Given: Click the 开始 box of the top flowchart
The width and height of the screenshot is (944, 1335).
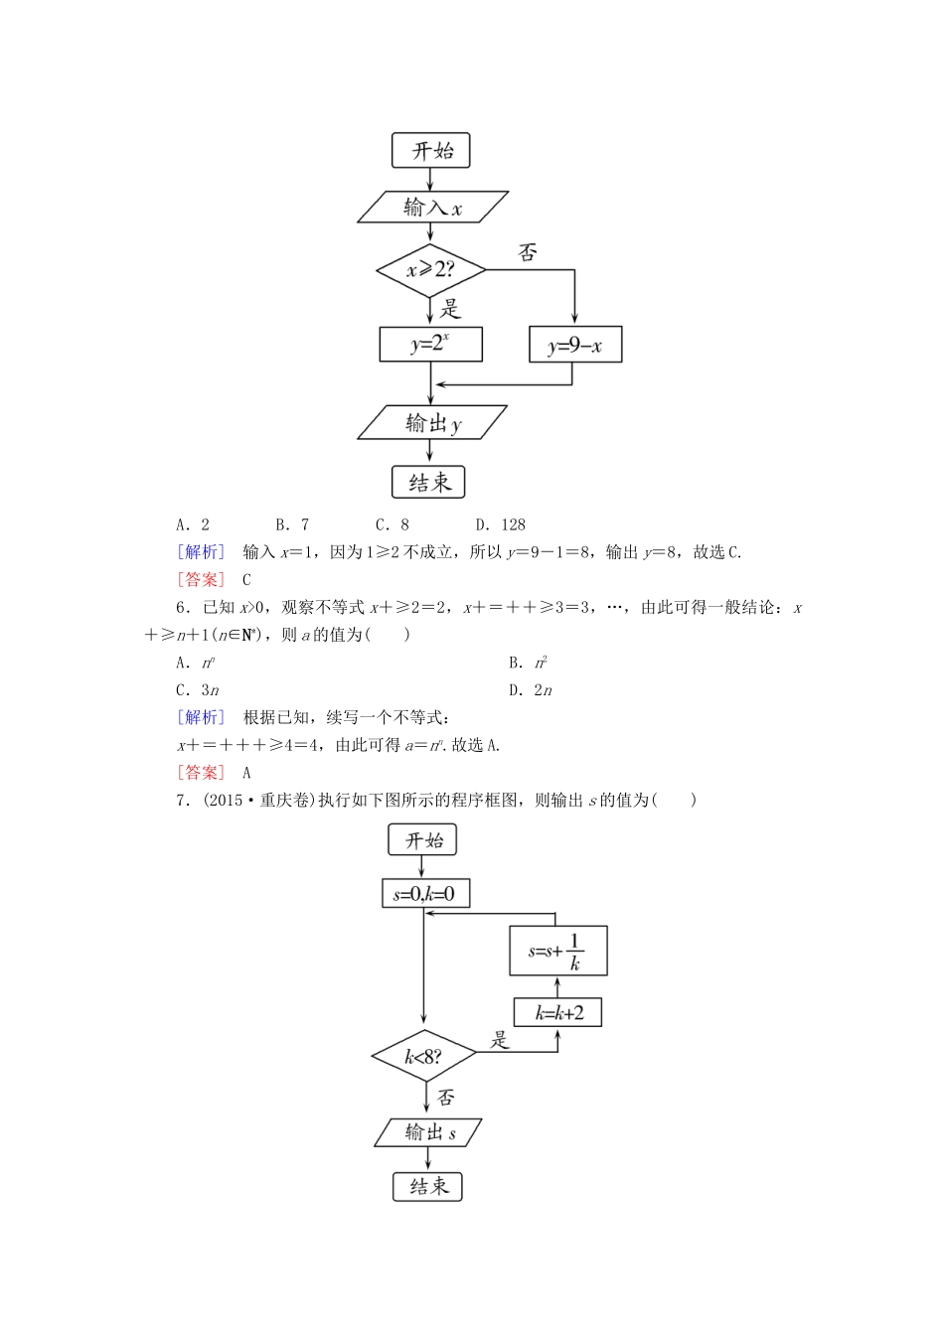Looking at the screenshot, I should (430, 151).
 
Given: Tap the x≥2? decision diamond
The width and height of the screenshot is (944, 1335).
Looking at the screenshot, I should (430, 269).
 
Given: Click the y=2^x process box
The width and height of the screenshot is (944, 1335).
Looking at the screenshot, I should (430, 345).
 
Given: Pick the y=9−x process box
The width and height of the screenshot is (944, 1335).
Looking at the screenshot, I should (575, 346).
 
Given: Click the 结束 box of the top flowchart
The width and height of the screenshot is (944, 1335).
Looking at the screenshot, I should (429, 483).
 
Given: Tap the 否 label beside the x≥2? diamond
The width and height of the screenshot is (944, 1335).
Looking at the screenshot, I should (528, 253).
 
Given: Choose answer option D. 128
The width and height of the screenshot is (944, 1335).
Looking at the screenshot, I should (501, 524).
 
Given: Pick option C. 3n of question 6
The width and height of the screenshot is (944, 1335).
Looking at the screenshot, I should (198, 690).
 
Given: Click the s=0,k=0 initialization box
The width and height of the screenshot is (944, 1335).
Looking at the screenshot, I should (424, 893).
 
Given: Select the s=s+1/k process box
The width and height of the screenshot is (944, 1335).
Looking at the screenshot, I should (557, 951).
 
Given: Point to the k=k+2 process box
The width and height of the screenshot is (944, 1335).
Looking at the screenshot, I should (557, 1012).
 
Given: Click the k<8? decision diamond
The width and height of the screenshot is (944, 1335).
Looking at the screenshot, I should (423, 1056).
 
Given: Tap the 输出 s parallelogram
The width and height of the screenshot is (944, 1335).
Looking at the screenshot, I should (430, 1132).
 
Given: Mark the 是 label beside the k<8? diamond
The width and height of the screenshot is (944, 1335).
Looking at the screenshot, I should (500, 1040).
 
